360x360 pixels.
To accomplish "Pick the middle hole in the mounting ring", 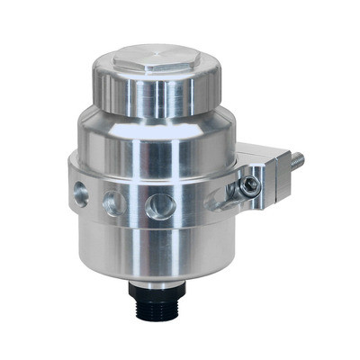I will [x=112, y=202].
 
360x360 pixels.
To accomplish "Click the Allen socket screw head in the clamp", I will [x=251, y=184].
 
